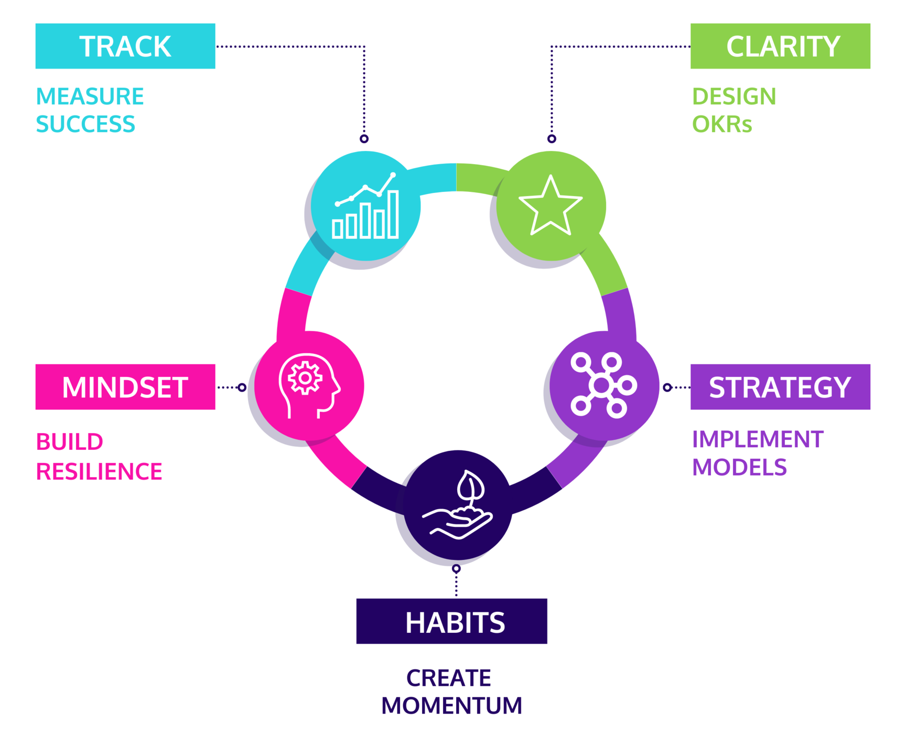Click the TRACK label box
pyautogui.click(x=125, y=46)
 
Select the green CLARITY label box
pyautogui.click(x=780, y=46)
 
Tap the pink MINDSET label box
pyautogui.click(x=125, y=387)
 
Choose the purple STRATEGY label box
pyautogui.click(x=780, y=387)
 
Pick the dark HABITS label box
pyautogui.click(x=451, y=621)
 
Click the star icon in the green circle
pyautogui.click(x=551, y=206)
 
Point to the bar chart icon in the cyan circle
pyautogui.click(x=366, y=207)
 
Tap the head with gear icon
pyautogui.click(x=308, y=386)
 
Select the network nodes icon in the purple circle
pyautogui.click(x=603, y=385)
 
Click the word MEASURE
pyautogui.click(x=90, y=96)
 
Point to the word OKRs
pyautogui.click(x=722, y=125)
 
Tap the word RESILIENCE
pyautogui.click(x=99, y=471)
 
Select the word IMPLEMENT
pyautogui.click(x=758, y=439)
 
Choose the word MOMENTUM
pyautogui.click(x=451, y=706)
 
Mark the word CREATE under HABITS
pyautogui.click(x=449, y=678)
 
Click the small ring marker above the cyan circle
pyautogui.click(x=364, y=139)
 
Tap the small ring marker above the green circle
pyautogui.click(x=552, y=139)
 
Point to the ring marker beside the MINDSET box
pyautogui.click(x=242, y=387)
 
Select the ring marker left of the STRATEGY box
pyautogui.click(x=667, y=387)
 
